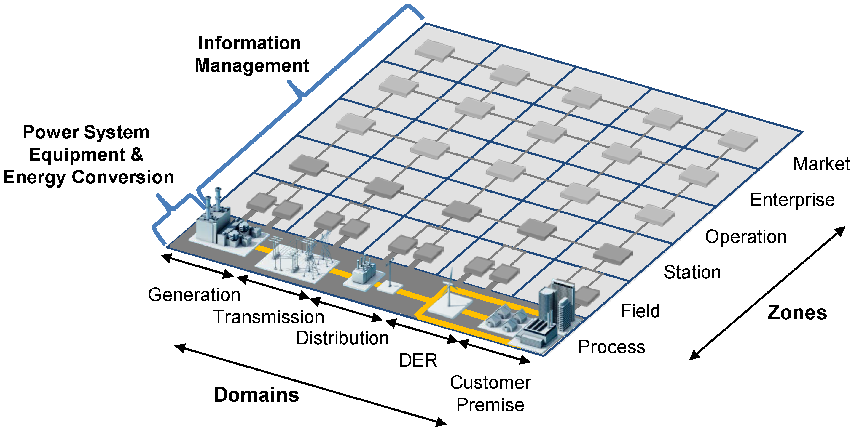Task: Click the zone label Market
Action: (821, 164)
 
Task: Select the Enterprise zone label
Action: (792, 200)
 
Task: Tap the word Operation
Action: (745, 237)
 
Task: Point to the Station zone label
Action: (692, 273)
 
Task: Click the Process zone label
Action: (612, 347)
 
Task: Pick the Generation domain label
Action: (194, 295)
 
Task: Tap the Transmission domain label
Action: (269, 317)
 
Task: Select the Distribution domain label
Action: (342, 338)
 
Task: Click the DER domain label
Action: (418, 360)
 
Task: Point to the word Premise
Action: (490, 405)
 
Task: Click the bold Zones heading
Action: (797, 313)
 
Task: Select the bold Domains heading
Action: (256, 395)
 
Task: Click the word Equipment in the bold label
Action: (77, 155)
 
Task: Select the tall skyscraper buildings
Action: (557, 305)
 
